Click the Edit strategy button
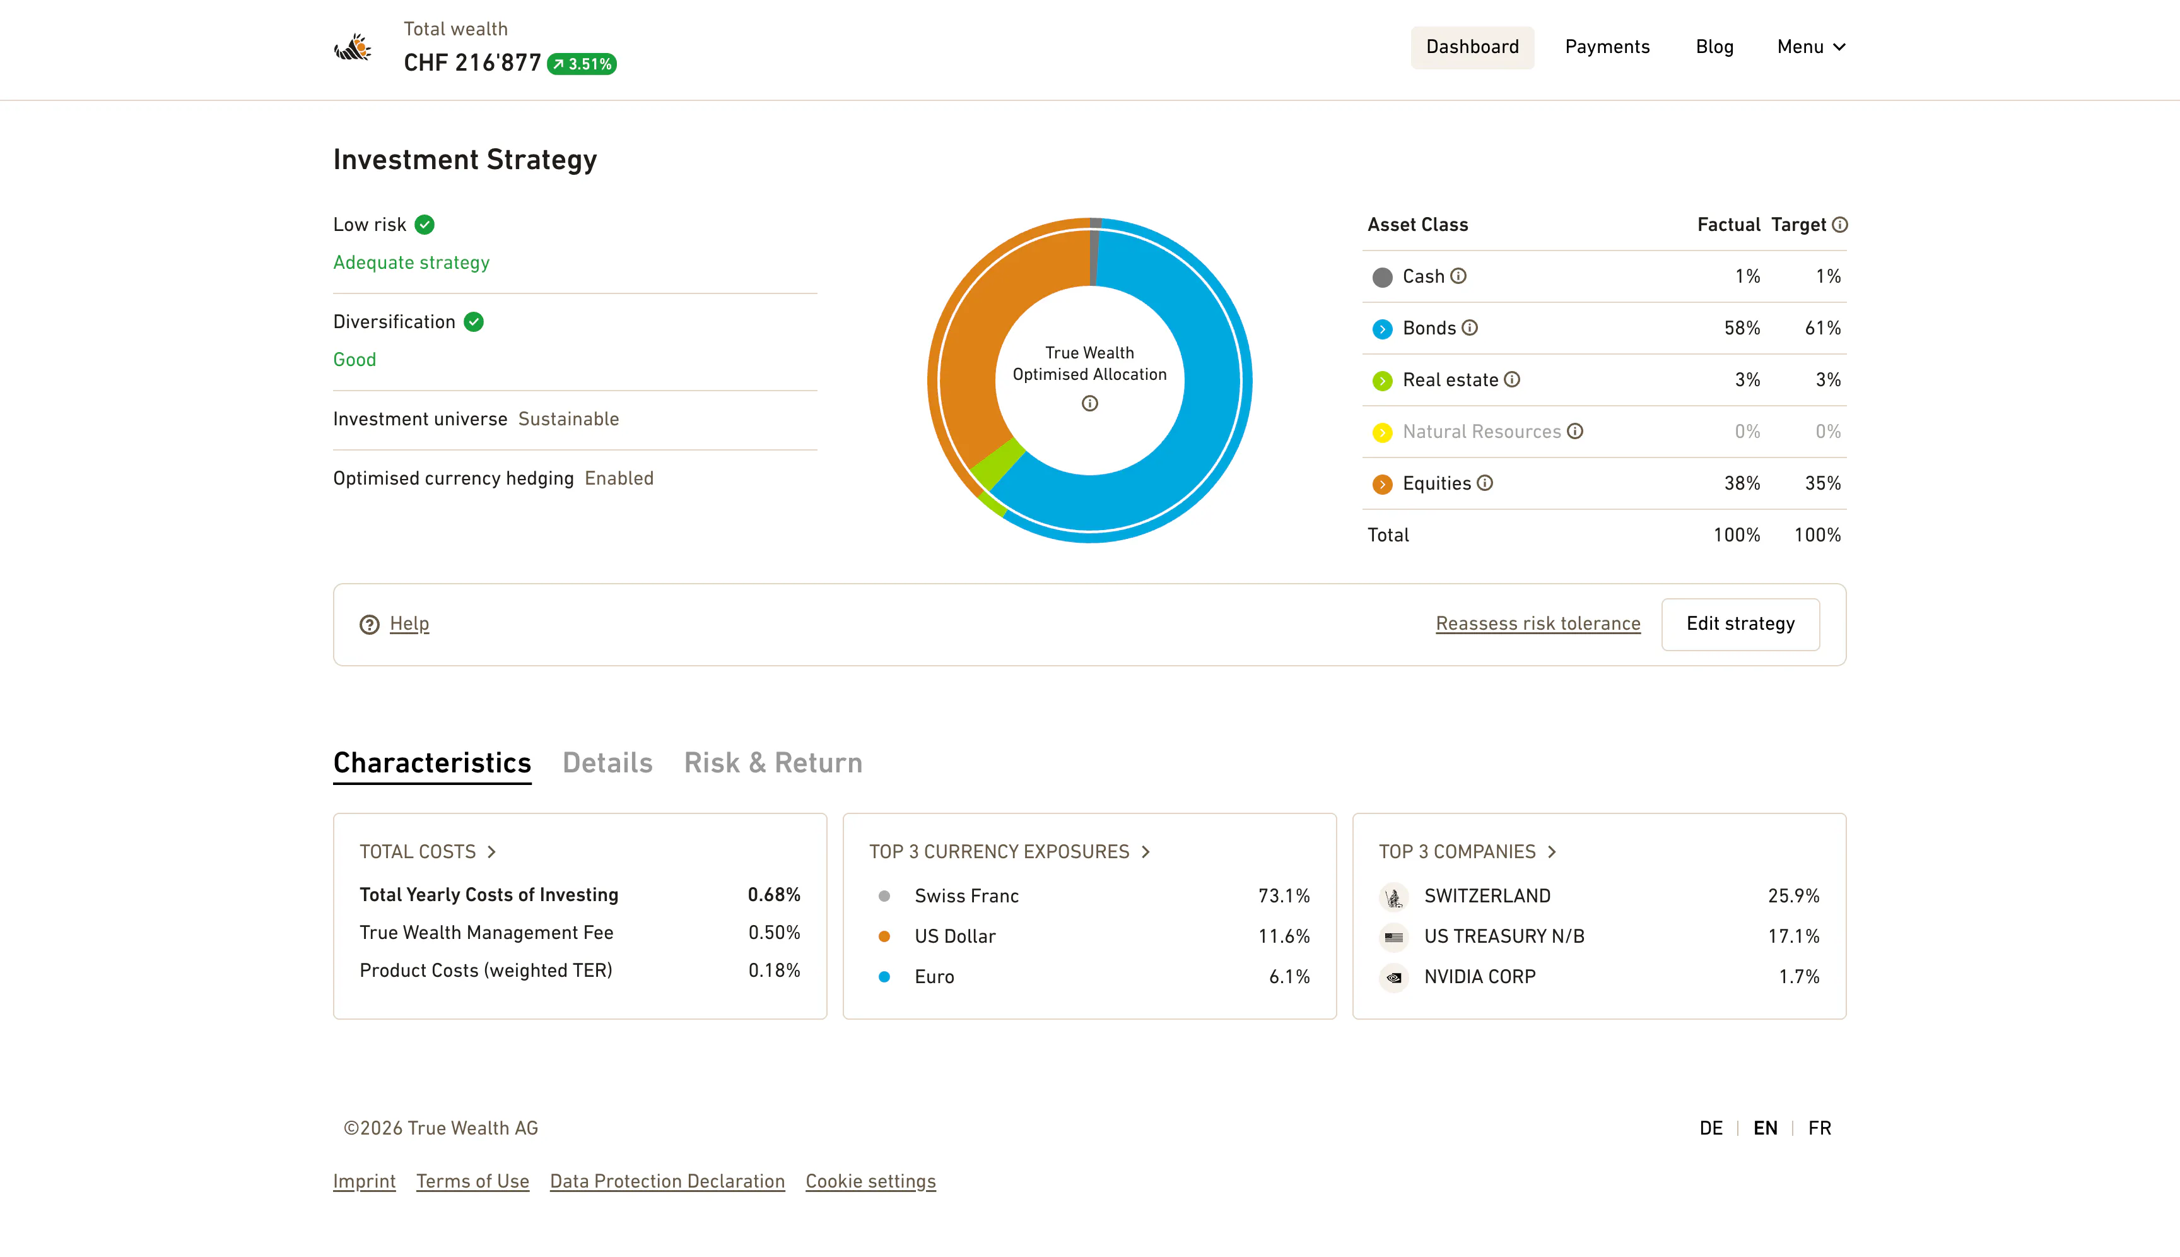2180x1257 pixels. point(1740,624)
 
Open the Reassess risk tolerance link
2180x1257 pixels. point(1538,624)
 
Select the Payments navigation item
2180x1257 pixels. point(1607,47)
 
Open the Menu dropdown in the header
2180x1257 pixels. point(1810,47)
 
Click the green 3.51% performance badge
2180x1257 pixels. point(582,64)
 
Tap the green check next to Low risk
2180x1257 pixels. point(425,225)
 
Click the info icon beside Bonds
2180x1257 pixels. point(1470,328)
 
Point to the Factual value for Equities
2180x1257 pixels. point(1742,483)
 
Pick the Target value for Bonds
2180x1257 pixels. point(1823,328)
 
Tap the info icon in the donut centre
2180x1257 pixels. point(1090,403)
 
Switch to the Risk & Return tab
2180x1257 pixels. point(773,763)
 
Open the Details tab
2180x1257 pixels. point(607,763)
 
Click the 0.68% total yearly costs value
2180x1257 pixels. point(774,894)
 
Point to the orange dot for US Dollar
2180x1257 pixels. point(884,936)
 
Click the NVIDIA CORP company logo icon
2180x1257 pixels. point(1394,977)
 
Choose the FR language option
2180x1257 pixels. point(1819,1128)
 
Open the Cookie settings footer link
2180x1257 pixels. point(870,1181)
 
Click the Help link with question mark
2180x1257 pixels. point(394,624)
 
